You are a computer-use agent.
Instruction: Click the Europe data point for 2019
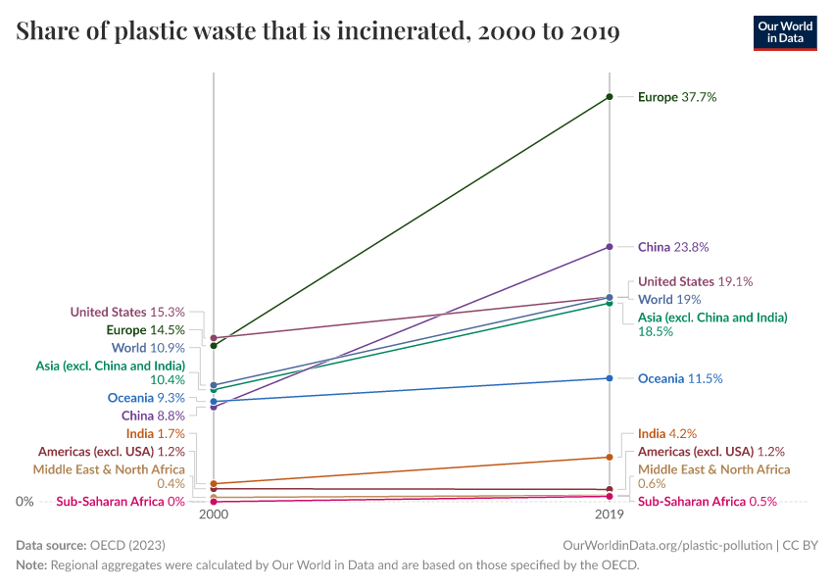pos(610,97)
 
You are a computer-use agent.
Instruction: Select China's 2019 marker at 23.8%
pos(610,246)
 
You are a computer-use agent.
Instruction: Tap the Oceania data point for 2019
pos(610,378)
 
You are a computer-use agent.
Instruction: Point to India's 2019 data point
pos(610,457)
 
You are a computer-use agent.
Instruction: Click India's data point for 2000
pos(214,484)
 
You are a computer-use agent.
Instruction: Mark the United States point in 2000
pos(214,338)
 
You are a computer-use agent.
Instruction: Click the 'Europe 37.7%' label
pos(677,97)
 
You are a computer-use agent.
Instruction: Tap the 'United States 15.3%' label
pos(127,312)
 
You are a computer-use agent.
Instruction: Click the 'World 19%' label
pos(668,299)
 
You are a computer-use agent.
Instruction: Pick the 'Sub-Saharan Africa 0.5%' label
pos(707,501)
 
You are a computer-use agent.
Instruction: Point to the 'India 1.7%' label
pos(155,433)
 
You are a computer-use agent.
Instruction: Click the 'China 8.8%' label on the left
pos(153,416)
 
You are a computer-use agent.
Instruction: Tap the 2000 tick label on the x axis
pos(214,514)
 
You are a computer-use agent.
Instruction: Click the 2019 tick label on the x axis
pos(610,514)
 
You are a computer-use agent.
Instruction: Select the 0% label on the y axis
pos(25,501)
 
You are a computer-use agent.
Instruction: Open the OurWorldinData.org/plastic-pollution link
pos(667,545)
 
